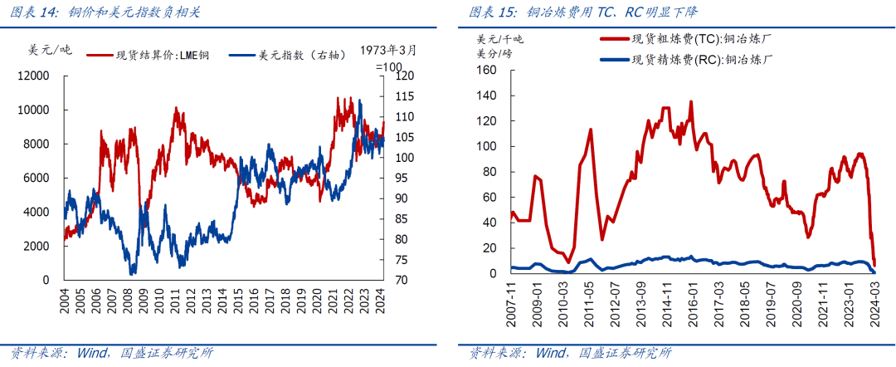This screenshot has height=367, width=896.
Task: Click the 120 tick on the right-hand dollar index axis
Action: click(x=405, y=76)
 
